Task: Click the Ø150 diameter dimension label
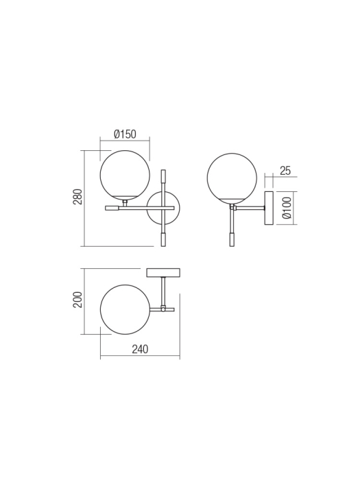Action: (125, 134)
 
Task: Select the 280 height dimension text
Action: (78, 197)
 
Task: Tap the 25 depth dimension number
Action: (285, 171)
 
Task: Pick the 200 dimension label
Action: (78, 299)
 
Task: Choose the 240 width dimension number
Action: (139, 349)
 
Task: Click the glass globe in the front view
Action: (125, 174)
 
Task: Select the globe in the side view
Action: (232, 177)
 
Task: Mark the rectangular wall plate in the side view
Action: (269, 207)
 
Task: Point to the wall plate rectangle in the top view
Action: (163, 273)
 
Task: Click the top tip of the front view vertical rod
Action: (163, 171)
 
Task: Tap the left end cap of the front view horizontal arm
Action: (111, 208)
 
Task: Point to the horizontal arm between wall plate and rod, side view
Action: (250, 207)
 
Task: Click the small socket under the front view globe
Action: (125, 202)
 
